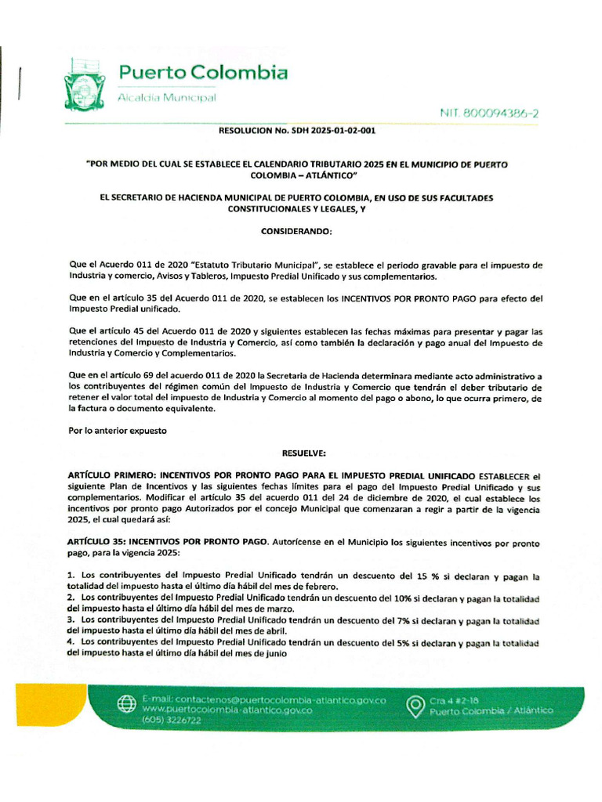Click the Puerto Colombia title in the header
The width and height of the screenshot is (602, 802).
(x=202, y=74)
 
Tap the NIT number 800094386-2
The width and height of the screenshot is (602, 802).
(x=489, y=114)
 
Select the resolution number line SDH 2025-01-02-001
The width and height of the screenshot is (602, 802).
(x=296, y=131)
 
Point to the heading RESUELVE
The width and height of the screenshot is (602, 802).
(x=303, y=453)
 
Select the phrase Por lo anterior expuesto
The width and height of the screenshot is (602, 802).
(x=118, y=431)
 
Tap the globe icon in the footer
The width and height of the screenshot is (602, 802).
(x=126, y=703)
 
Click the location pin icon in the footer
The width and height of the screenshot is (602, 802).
(x=415, y=705)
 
